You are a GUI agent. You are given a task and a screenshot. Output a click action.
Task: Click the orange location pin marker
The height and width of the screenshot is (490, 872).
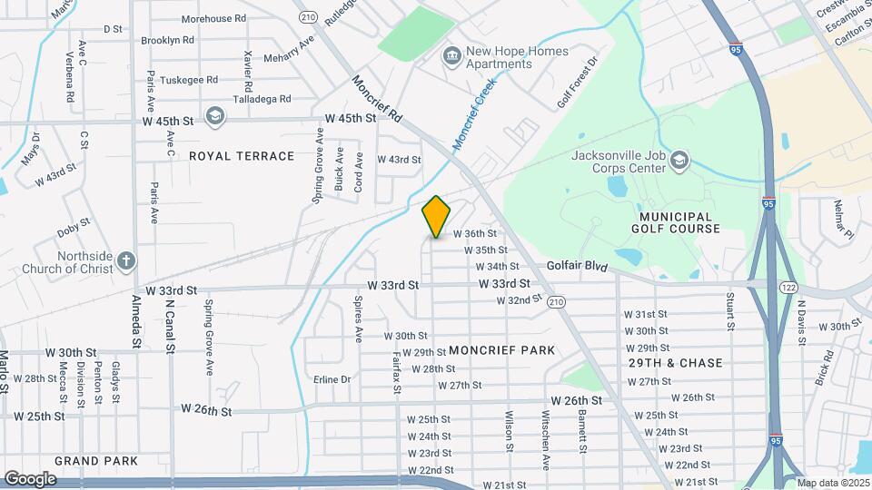pos(436,216)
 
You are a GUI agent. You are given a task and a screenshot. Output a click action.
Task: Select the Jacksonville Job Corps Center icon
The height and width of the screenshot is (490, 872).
pos(679,162)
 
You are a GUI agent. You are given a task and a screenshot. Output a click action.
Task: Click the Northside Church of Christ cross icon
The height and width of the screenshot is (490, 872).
pos(126,262)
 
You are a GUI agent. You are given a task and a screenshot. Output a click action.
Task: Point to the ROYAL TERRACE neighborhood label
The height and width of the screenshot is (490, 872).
pos(242,156)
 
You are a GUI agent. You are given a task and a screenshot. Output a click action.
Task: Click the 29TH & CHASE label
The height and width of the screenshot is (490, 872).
pos(675,363)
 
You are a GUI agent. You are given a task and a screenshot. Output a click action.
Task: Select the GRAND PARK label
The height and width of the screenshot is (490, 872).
pos(96,461)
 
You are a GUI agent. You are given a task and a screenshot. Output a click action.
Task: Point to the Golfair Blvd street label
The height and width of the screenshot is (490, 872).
pos(576,267)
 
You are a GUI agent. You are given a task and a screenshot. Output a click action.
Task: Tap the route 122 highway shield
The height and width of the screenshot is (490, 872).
pos(787,287)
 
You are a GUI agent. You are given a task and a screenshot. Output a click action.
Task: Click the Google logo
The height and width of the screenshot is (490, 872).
pos(29,478)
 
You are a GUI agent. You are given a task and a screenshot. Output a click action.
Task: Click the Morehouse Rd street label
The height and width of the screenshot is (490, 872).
pos(213,18)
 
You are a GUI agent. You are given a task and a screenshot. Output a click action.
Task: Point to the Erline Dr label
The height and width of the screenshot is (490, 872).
pos(332,379)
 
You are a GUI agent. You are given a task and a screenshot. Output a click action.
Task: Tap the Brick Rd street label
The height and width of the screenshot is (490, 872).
pos(824,369)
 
